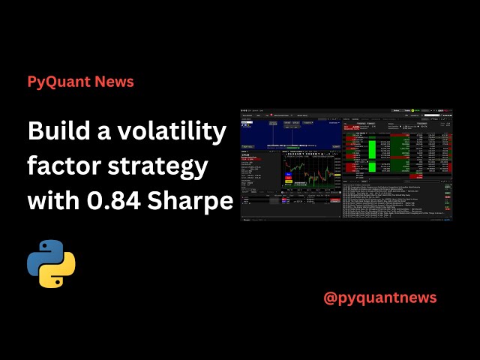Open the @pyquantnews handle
[x=379, y=298]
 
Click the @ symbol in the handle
[x=330, y=298]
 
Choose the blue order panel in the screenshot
[x=289, y=134]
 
